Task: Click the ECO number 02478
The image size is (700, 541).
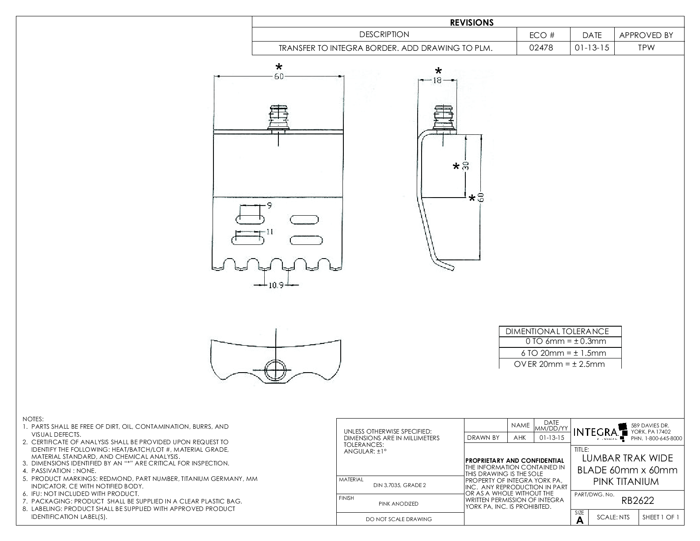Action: coord(543,48)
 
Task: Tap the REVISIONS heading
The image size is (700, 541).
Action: coord(472,23)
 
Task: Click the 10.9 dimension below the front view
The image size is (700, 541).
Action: coord(276,286)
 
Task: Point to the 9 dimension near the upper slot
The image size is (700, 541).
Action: coord(269,205)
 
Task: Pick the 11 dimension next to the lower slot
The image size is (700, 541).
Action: coord(270,231)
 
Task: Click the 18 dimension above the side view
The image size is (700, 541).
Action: coord(437,80)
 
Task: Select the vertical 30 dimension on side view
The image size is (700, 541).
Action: coord(465,166)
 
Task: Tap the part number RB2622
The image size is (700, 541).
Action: coord(637,500)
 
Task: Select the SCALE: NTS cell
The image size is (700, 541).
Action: coord(613,517)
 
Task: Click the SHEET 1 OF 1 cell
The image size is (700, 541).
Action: coord(661,517)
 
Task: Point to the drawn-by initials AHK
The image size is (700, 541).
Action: coord(520,438)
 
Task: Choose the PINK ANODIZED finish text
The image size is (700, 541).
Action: coord(399,503)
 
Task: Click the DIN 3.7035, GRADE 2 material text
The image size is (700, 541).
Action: coord(399,485)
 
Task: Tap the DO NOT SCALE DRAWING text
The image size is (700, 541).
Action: coord(399,519)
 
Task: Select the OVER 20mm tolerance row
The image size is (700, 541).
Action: coord(559,364)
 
